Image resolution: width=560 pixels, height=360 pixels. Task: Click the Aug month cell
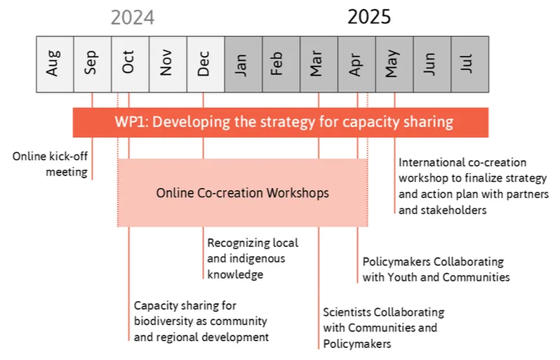click(x=55, y=65)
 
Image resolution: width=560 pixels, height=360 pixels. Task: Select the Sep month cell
click(x=93, y=65)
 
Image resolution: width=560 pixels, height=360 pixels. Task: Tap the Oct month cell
click(x=131, y=65)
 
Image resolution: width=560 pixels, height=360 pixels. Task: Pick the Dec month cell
click(x=206, y=65)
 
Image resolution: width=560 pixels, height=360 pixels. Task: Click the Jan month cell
click(x=244, y=65)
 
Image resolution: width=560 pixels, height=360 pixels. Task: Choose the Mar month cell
click(x=319, y=65)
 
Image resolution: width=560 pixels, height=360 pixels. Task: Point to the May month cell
click(x=394, y=65)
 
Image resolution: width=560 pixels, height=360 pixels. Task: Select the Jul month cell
click(x=470, y=65)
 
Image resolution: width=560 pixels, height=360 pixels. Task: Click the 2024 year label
click(x=133, y=18)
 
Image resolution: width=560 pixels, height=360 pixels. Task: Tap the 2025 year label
click(x=369, y=17)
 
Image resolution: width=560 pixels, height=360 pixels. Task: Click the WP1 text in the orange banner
click(x=131, y=122)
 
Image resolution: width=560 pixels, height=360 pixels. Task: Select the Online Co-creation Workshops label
click(x=243, y=193)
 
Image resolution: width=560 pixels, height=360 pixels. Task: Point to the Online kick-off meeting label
click(x=50, y=164)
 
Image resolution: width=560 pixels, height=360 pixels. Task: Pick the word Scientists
click(x=347, y=312)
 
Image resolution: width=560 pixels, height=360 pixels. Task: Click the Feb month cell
click(x=281, y=65)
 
